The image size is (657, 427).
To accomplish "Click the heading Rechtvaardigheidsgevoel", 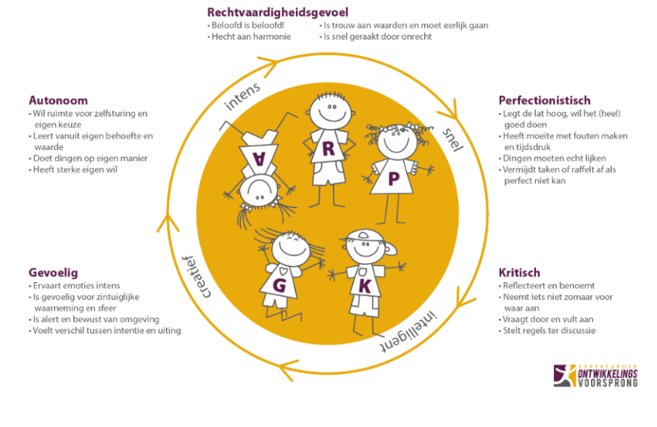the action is (x=278, y=12).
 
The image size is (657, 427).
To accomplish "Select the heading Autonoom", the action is (x=58, y=101).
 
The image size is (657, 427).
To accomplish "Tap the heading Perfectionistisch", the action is (x=545, y=101).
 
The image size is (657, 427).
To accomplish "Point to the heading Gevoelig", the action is (x=53, y=273).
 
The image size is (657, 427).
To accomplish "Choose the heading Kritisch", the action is (x=519, y=273).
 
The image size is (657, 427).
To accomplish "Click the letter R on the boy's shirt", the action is (x=328, y=149).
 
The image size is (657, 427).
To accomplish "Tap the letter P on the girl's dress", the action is (x=394, y=179).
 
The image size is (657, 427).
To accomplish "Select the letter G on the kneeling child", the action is (x=279, y=286).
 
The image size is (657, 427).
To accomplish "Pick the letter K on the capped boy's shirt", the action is (x=365, y=286).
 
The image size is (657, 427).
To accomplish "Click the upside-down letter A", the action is (x=260, y=158).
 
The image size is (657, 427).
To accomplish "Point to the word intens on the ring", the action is (x=243, y=97).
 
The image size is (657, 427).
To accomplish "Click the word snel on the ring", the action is (x=453, y=139).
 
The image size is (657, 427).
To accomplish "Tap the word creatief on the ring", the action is (x=196, y=276).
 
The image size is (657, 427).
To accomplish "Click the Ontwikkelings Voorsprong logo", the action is (x=595, y=376).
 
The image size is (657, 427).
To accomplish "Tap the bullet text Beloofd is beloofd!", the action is (x=247, y=25).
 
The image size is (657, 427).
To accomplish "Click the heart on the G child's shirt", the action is (x=284, y=270).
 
